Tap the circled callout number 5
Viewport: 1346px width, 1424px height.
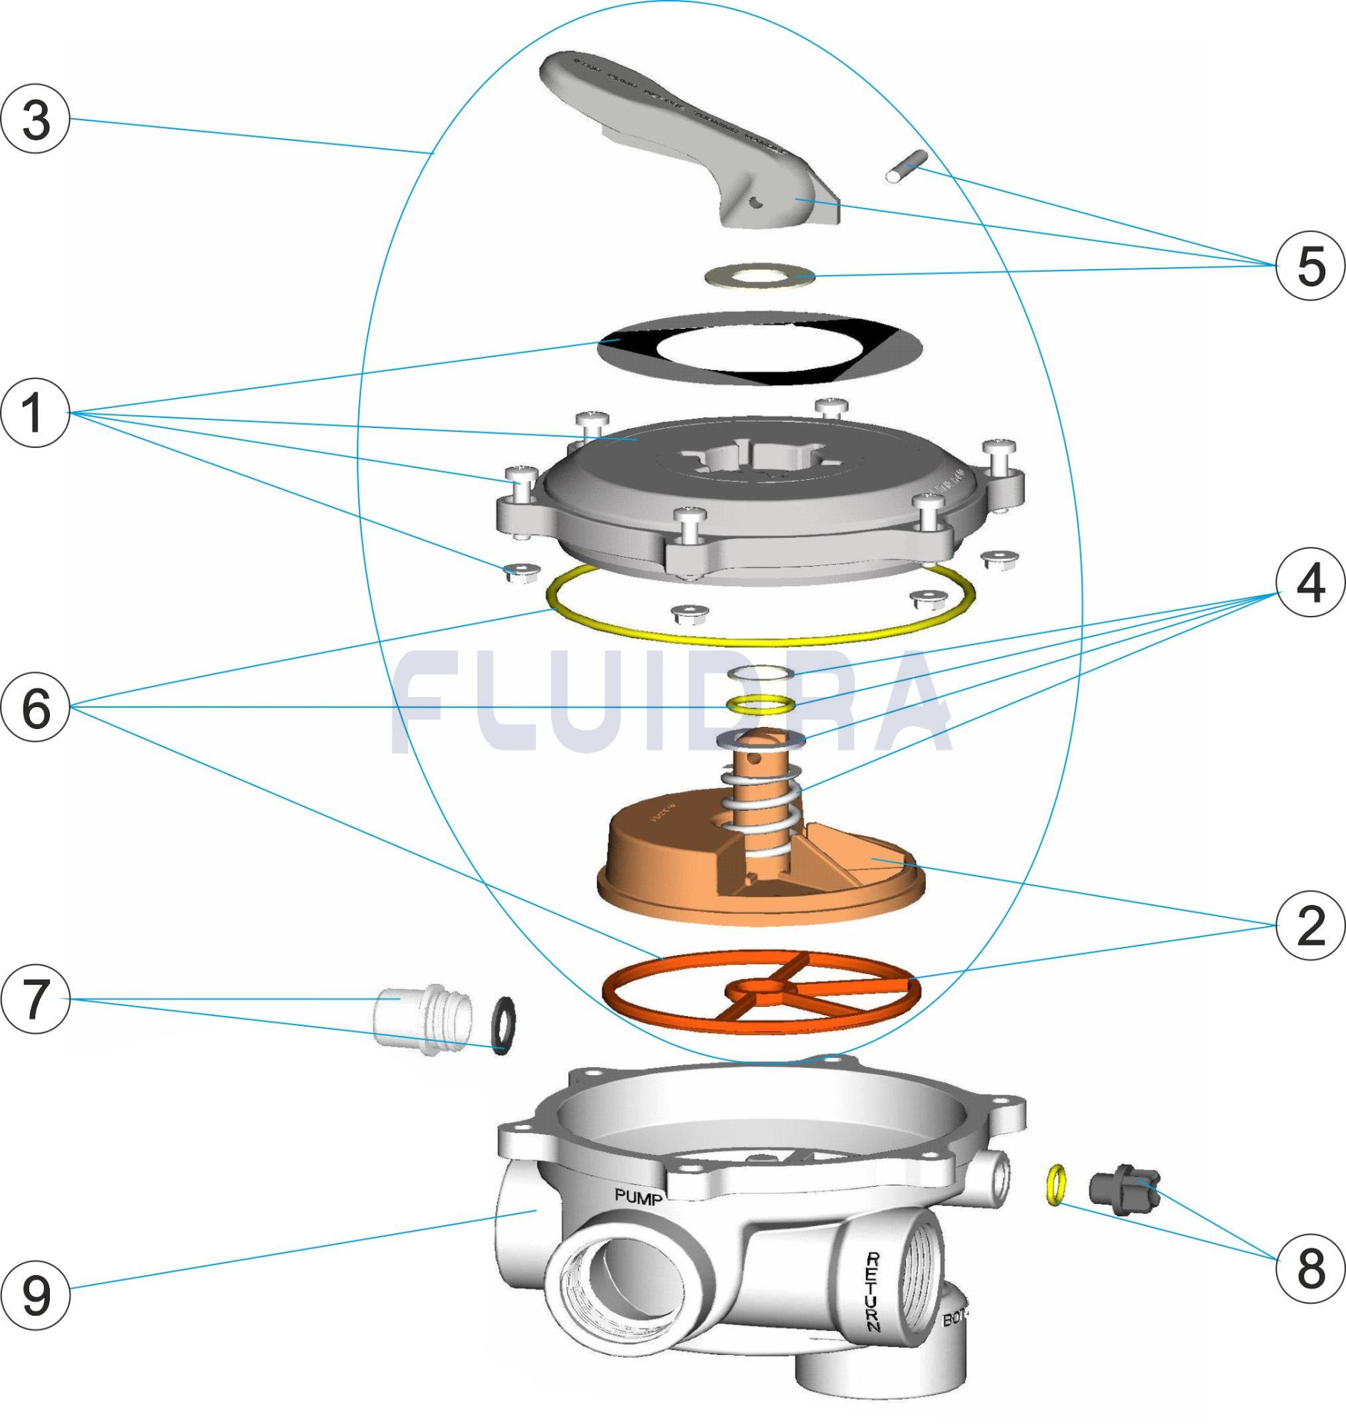tap(1310, 266)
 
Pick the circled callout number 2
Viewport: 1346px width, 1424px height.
tap(1310, 928)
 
